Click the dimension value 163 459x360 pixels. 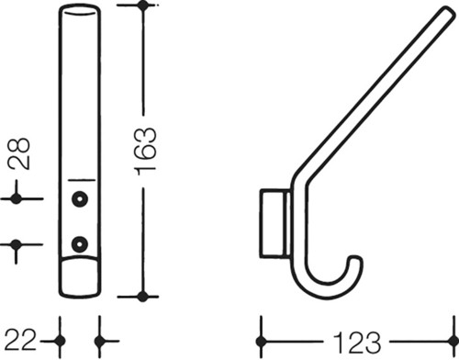click(x=146, y=152)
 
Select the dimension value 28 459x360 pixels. click(x=19, y=154)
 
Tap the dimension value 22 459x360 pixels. click(x=20, y=340)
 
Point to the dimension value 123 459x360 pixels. click(x=357, y=343)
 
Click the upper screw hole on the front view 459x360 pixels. click(x=80, y=199)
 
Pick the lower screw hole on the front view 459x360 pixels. click(x=80, y=244)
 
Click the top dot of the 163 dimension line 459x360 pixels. click(x=142, y=5)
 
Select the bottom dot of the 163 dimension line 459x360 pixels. click(x=142, y=296)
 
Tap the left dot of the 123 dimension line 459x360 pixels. click(x=261, y=341)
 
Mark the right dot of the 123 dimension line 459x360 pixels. click(x=453, y=341)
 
